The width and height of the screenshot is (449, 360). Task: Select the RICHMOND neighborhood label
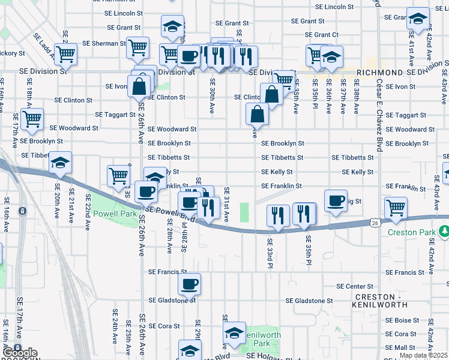click(379, 72)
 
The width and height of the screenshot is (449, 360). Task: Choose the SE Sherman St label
click(104, 43)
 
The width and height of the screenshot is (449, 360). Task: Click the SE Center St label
click(355, 286)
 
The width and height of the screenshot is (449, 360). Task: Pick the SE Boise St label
click(402, 320)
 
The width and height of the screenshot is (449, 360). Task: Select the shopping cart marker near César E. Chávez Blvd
click(396, 208)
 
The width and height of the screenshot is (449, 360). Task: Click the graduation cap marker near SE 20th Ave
click(60, 163)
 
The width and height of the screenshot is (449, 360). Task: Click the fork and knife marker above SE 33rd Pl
click(277, 215)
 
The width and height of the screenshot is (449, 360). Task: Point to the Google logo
click(19, 353)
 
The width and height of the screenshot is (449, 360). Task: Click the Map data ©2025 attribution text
click(423, 355)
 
